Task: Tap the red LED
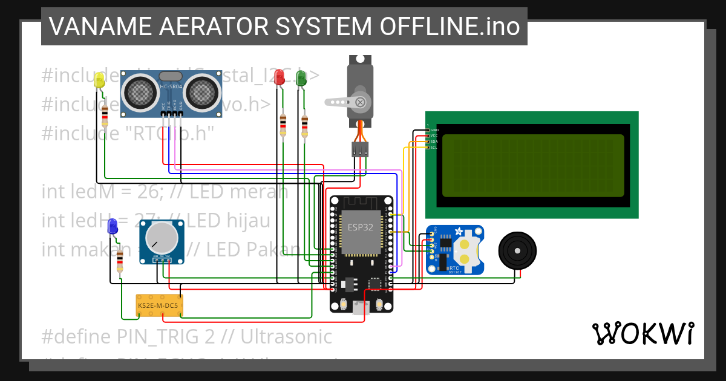(x=279, y=77)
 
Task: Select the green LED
(x=301, y=77)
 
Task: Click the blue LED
(x=113, y=227)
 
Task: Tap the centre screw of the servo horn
(x=361, y=102)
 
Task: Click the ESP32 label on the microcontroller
(x=361, y=227)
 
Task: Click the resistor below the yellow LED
(x=105, y=114)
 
